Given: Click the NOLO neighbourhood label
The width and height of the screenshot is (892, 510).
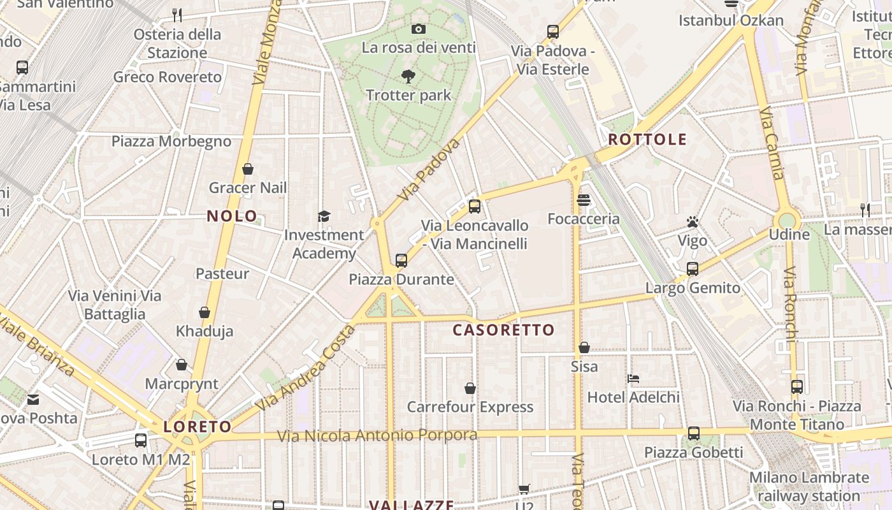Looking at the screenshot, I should pos(232,216).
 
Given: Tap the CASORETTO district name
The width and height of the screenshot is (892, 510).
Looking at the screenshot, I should pos(503,330).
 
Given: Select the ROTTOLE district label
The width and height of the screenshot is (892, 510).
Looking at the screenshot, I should pos(647,140).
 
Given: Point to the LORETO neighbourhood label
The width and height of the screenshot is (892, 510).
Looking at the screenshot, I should pos(198,427).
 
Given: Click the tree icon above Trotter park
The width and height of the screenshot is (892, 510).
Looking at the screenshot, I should pos(408,76).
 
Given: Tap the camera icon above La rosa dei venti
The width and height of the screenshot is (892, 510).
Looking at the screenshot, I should pos(419,29).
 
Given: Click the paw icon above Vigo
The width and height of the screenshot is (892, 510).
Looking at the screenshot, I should pos(693,222).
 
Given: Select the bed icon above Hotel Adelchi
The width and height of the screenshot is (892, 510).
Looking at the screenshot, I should pos(633,378).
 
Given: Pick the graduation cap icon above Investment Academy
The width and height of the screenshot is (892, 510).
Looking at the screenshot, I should pos(324,216).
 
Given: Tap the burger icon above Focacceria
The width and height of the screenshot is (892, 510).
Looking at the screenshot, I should pos(583,200).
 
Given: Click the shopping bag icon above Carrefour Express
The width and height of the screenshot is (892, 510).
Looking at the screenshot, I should pos(470,388).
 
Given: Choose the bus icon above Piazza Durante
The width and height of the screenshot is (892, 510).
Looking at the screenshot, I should pos(401,260).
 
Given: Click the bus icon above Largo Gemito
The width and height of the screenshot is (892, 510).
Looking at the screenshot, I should pos(693,269).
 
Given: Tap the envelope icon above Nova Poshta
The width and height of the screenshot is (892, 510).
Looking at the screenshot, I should pos(33,400).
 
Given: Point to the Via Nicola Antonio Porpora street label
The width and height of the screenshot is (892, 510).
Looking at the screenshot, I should pos(377,435).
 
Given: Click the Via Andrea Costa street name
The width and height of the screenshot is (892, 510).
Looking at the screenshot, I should pos(305,368).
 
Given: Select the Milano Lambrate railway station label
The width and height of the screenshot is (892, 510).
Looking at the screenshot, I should pos(809,486).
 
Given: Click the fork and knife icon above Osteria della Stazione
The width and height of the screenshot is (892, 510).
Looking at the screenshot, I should pos(177,14).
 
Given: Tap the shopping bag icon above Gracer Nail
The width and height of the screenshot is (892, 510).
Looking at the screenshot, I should pos(248,169).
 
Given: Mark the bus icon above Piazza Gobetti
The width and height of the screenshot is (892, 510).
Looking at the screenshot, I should pos(694,433).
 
